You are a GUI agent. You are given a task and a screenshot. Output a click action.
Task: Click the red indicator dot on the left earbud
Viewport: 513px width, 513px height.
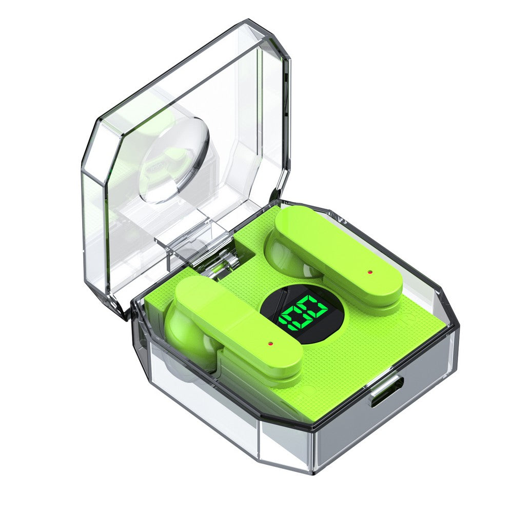pyautogui.click(x=270, y=343)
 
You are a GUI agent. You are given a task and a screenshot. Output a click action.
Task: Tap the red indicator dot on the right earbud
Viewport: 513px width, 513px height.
pyautogui.click(x=370, y=272)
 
